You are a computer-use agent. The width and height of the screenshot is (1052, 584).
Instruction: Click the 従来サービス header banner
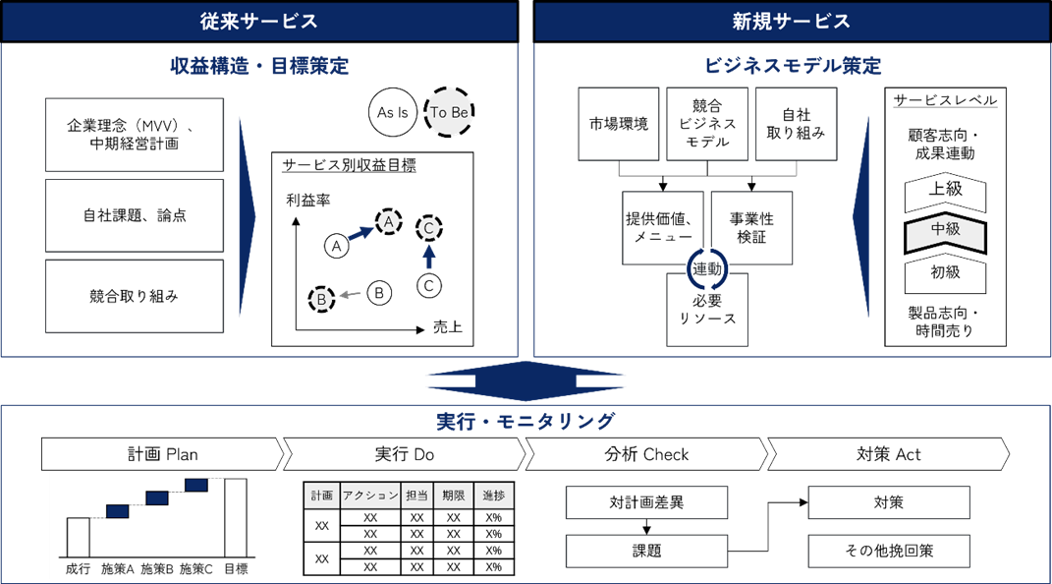(x=259, y=21)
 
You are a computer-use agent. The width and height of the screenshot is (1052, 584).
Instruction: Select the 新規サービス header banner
(x=792, y=21)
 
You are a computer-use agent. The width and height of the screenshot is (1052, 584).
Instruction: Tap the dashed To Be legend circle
(x=449, y=113)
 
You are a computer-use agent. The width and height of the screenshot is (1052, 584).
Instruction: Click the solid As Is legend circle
(x=393, y=113)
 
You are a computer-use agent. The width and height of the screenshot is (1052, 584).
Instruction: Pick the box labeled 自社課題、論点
(x=135, y=215)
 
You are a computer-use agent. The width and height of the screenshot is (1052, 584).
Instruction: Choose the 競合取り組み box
(x=135, y=296)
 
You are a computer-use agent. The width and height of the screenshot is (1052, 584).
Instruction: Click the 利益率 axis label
(x=308, y=201)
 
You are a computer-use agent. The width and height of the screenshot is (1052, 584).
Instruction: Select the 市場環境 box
(x=619, y=124)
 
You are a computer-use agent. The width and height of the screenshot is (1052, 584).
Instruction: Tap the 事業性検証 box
(x=751, y=228)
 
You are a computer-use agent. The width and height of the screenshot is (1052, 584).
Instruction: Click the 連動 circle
(x=706, y=267)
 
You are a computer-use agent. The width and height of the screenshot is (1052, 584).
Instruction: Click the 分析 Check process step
(x=645, y=454)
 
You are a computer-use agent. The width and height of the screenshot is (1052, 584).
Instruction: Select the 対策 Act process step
(x=888, y=454)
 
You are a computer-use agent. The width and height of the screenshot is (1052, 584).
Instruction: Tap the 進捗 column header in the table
(x=493, y=495)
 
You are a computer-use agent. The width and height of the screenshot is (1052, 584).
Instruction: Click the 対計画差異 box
(x=646, y=502)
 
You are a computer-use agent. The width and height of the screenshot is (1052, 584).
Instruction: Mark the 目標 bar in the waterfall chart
(x=236, y=517)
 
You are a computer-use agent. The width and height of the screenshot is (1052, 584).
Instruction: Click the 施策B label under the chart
(x=157, y=568)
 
